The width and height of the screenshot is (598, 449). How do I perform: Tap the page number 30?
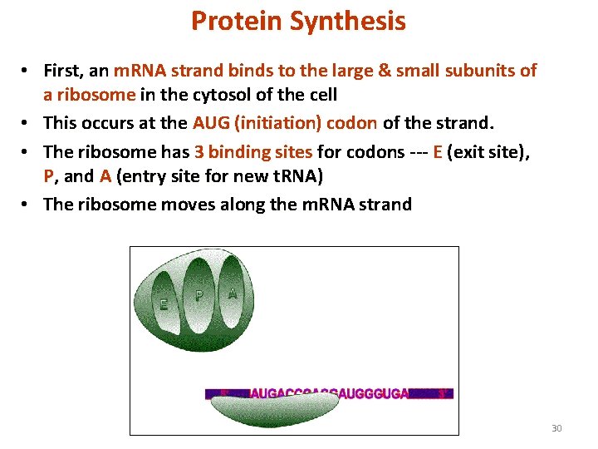click(556, 428)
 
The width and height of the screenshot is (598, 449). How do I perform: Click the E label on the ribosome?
click(164, 304)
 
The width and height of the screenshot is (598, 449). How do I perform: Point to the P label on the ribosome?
click(199, 294)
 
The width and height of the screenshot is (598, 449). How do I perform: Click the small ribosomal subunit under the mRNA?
click(274, 408)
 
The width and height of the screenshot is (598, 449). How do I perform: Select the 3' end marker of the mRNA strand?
click(444, 393)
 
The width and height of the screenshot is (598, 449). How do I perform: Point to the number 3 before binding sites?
click(199, 151)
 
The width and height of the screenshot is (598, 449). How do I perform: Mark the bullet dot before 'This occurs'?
click(27, 124)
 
